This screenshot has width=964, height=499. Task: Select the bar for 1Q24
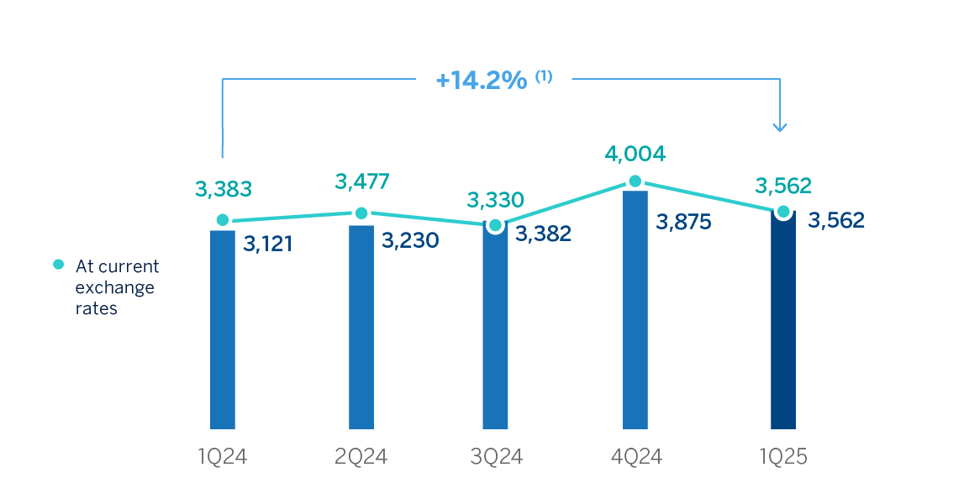click(x=223, y=329)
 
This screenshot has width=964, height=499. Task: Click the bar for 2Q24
click(x=361, y=327)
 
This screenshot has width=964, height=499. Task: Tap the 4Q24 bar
click(x=635, y=309)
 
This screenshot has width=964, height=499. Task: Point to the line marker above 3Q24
click(x=496, y=225)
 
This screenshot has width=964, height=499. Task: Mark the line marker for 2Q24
click(x=361, y=213)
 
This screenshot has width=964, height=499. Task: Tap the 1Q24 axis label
click(x=222, y=457)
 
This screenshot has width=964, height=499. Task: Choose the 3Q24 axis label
click(x=496, y=457)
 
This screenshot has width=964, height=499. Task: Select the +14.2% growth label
click(x=482, y=81)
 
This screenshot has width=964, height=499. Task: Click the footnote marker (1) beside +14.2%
click(x=544, y=76)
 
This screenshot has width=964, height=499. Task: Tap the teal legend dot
click(x=59, y=264)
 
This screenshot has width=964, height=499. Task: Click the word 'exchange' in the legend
click(x=115, y=287)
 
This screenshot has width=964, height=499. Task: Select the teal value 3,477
click(x=363, y=181)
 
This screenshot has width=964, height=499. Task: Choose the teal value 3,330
click(x=496, y=200)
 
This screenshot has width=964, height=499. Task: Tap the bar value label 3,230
click(x=409, y=239)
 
